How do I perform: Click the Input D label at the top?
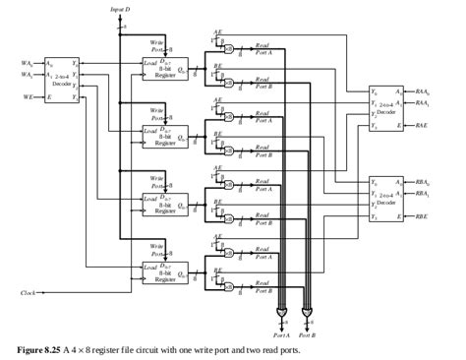pyautogui.click(x=119, y=8)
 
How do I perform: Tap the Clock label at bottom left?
pyautogui.click(x=29, y=292)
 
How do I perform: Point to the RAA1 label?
pyautogui.click(x=423, y=102)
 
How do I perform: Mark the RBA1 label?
pyautogui.click(x=423, y=194)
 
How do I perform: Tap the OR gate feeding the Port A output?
pyautogui.click(x=282, y=312)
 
